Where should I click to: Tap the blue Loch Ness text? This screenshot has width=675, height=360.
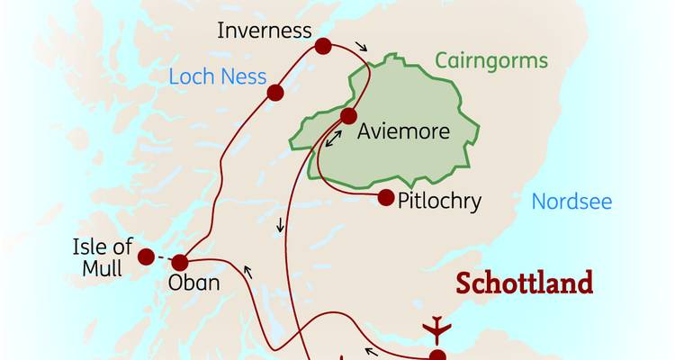coord(218,76)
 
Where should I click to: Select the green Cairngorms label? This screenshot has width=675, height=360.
coord(490,61)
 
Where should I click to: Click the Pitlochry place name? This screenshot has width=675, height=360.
coord(439,200)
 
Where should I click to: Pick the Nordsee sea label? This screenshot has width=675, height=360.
coord(571,201)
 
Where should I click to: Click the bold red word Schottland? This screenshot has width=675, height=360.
coord(525,283)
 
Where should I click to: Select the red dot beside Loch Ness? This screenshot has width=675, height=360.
coord(275,92)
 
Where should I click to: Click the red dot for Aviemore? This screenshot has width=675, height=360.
coord(348,115)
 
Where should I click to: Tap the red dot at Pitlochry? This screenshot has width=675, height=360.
coord(386,198)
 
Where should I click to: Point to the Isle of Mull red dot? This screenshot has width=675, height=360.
coord(146,256)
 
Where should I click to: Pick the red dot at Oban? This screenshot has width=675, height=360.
coord(179,263)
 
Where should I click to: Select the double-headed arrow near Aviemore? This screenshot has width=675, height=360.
coord(333,139)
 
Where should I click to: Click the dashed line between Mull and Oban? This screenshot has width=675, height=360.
coord(162,260)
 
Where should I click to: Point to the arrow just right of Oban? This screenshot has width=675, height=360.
coord(248,269)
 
